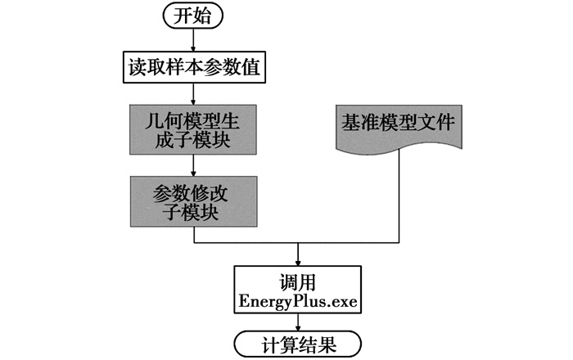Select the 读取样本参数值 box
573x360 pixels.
(x=193, y=67)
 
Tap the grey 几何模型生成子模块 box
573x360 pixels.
(x=193, y=129)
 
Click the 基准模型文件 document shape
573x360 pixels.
(x=399, y=126)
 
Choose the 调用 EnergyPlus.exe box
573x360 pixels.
(x=298, y=290)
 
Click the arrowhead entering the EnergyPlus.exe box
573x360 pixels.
(x=298, y=259)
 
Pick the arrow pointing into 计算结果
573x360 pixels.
(x=298, y=324)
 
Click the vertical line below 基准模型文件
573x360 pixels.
(x=399, y=196)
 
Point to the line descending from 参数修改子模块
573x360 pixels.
(x=193, y=235)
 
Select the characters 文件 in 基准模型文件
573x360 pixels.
(x=439, y=123)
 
